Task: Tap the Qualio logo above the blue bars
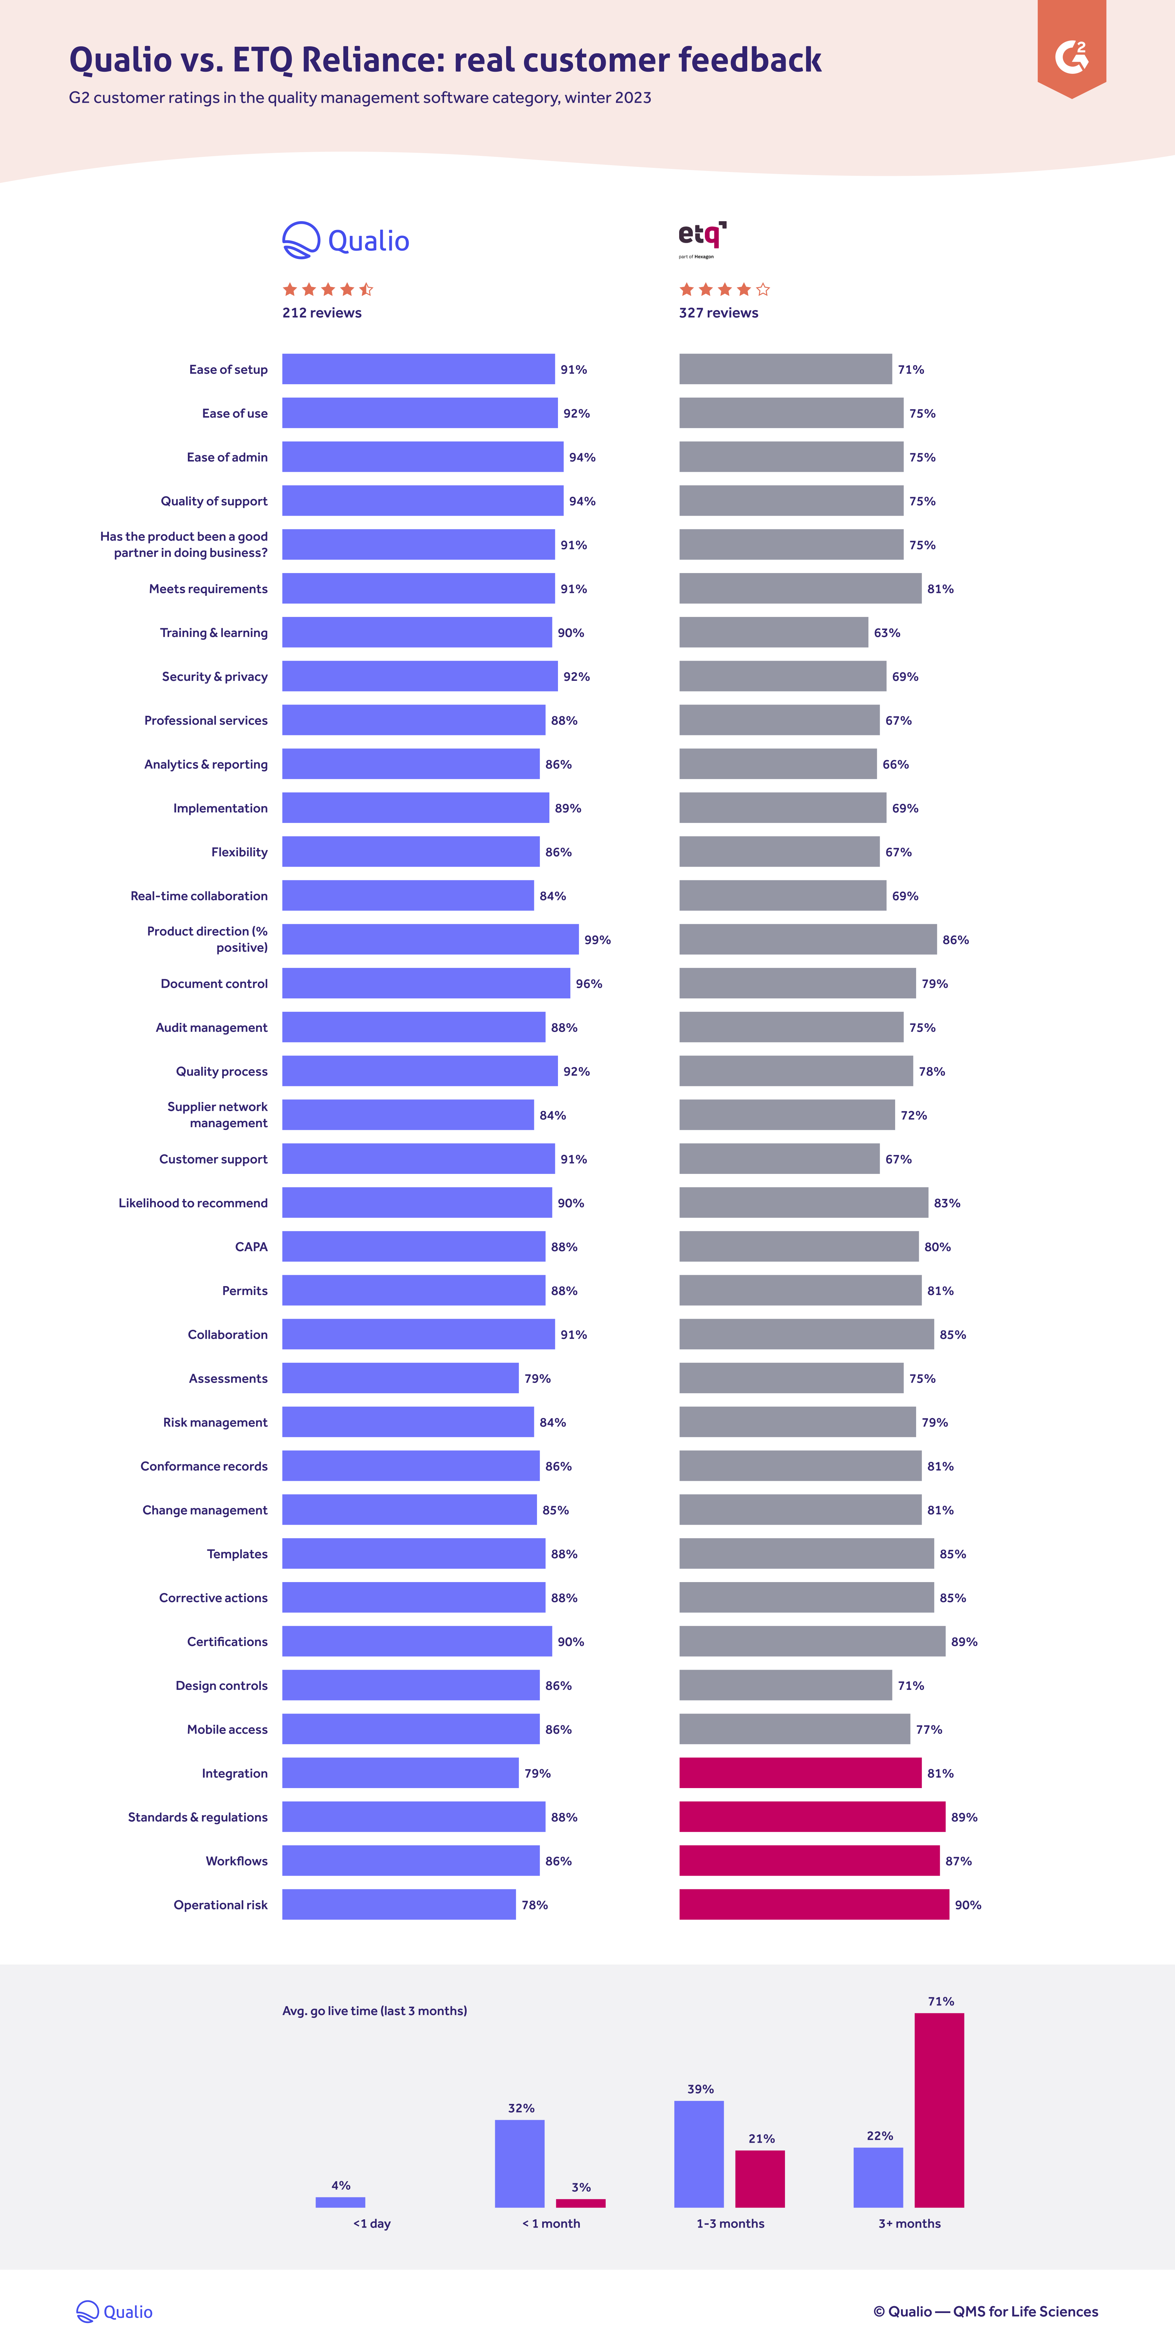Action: coord(345,240)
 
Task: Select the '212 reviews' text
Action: coord(321,312)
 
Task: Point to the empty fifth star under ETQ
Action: coord(763,290)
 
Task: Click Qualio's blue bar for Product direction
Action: coord(430,939)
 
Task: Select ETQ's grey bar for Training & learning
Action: coord(773,632)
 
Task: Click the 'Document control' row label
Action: coord(214,984)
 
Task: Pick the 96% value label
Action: coord(589,984)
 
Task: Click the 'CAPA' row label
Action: coord(251,1247)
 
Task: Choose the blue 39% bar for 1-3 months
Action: coord(699,2154)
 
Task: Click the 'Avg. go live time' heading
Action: coord(374,2011)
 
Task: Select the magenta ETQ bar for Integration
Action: coord(800,1773)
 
